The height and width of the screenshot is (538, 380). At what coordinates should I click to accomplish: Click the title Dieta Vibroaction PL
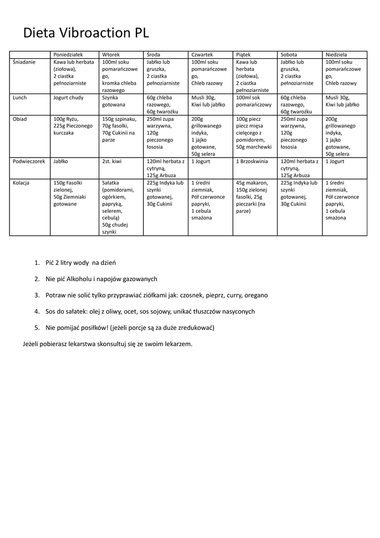click(86, 33)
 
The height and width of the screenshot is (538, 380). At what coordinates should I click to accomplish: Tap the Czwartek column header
click(202, 55)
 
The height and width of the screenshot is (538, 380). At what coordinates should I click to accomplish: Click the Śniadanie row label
click(24, 62)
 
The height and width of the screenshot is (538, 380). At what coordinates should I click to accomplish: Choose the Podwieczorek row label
click(29, 161)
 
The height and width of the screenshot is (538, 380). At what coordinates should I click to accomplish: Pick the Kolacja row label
click(21, 183)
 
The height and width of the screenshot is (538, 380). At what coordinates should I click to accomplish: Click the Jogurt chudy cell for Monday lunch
click(68, 98)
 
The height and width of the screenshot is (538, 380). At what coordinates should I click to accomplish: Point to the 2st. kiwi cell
click(112, 161)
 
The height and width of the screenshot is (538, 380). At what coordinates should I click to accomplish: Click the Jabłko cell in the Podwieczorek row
click(61, 161)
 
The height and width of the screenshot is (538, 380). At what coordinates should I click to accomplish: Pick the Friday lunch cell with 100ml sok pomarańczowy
click(254, 101)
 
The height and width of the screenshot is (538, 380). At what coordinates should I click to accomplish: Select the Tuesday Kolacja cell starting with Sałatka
click(120, 207)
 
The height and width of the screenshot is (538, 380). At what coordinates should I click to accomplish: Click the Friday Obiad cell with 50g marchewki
click(254, 133)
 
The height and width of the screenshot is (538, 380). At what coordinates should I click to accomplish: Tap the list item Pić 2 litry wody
click(80, 263)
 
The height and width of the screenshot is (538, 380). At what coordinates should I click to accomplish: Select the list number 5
click(37, 328)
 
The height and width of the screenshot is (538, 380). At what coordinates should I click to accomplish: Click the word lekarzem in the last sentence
click(178, 344)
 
